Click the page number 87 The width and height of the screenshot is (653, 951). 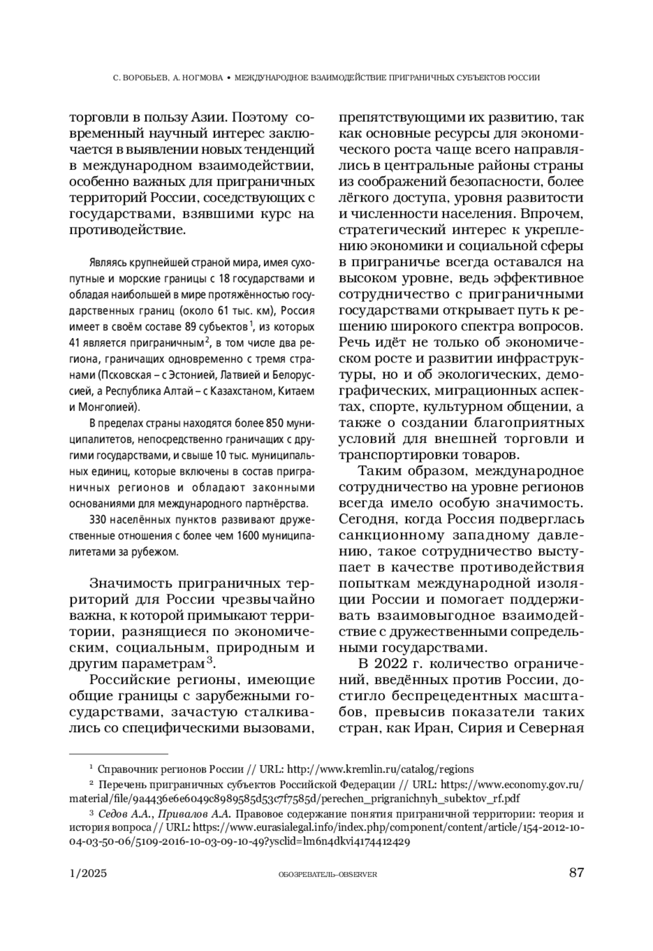click(576, 873)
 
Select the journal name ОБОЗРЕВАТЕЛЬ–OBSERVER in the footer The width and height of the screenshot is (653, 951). click(327, 874)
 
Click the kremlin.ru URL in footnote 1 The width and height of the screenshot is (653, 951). click(380, 769)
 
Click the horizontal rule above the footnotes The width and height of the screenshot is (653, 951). click(119, 754)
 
